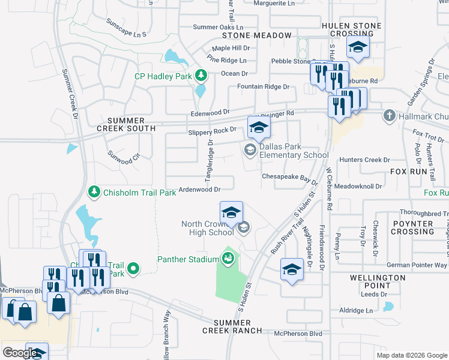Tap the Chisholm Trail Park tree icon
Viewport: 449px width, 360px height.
(94, 192)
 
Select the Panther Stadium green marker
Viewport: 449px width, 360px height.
(228, 259)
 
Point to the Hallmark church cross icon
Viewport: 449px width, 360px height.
(389, 115)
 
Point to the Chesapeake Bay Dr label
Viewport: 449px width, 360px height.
(289, 178)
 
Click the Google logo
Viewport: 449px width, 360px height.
(20, 353)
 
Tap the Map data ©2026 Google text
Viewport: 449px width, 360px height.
(411, 355)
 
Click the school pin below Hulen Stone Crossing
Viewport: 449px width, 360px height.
(358, 49)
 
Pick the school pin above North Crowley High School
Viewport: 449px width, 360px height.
(231, 213)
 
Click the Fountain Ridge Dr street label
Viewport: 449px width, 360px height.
(263, 86)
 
